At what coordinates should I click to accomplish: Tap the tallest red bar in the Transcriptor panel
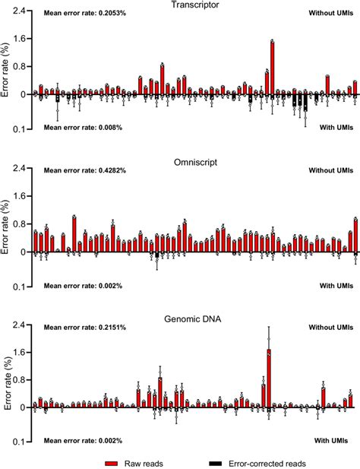click(272, 68)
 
